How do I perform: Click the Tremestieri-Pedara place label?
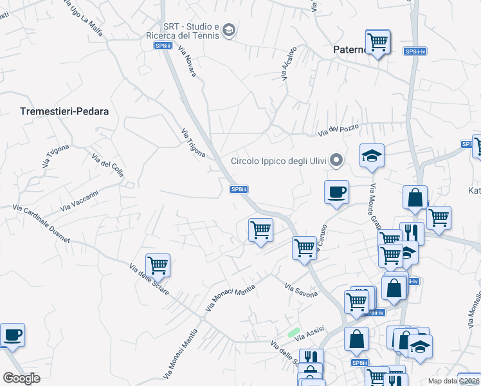(64, 111)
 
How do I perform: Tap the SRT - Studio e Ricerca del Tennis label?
(192, 31)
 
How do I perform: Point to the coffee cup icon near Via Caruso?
(336, 192)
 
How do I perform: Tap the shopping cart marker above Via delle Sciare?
(158, 264)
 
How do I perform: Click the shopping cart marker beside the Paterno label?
(377, 42)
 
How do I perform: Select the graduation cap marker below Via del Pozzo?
(372, 156)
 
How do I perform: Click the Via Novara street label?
(187, 62)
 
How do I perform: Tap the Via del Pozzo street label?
(338, 130)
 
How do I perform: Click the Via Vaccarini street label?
(78, 199)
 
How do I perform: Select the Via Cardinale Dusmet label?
(41, 225)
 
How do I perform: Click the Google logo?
(22, 378)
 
